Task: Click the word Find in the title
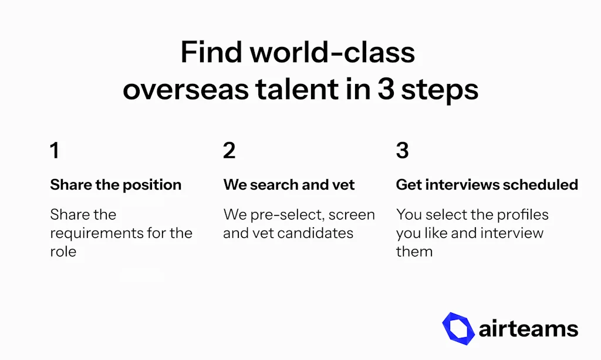[211, 52]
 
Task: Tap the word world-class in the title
[333, 52]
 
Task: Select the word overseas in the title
[185, 90]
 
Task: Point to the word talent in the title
[297, 89]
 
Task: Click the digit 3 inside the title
[386, 89]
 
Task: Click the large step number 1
[55, 150]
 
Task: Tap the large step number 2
[229, 150]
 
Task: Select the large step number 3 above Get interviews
[403, 150]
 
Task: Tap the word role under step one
[63, 251]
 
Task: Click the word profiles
[523, 215]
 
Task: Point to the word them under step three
[414, 251]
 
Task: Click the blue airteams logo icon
[458, 328]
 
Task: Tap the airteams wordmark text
[529, 329]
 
